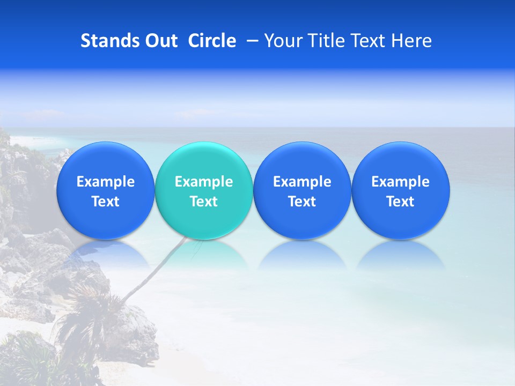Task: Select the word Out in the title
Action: click(x=160, y=41)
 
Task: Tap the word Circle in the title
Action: click(x=212, y=41)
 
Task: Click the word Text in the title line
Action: click(x=368, y=41)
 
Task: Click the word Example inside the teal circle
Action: click(x=204, y=182)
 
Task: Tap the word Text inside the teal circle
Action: click(x=204, y=202)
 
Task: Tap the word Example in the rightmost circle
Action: click(x=401, y=182)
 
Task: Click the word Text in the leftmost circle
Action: click(x=105, y=202)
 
